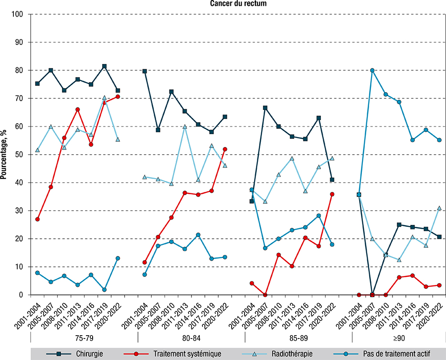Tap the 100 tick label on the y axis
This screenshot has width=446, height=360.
point(19,14)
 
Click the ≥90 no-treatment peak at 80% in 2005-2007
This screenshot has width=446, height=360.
point(372,70)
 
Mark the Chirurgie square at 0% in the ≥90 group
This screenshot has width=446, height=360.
point(372,295)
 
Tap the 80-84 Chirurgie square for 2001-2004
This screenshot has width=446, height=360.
point(145,71)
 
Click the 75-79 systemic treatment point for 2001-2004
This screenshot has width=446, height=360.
point(37,219)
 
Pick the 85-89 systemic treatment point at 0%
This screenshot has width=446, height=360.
point(265,295)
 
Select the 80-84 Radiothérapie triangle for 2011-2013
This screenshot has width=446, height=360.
point(185,127)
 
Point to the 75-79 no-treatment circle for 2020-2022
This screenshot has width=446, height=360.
point(118,258)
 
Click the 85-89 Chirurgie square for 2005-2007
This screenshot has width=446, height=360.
point(265,108)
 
